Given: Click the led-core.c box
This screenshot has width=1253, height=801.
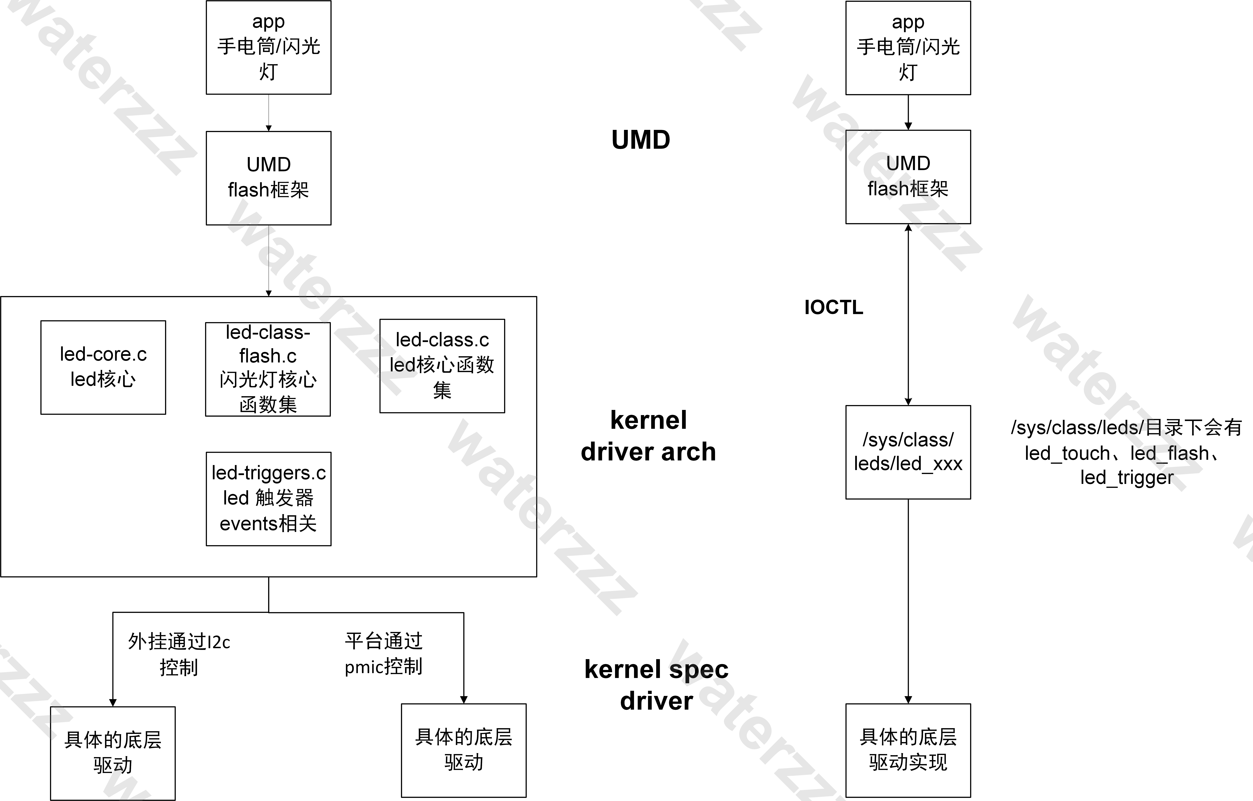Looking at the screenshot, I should [103, 367].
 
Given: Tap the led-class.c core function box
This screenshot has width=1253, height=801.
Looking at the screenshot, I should [442, 366].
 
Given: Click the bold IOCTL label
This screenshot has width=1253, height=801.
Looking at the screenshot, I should [833, 307].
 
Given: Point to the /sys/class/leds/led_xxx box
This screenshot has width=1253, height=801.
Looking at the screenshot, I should [908, 452].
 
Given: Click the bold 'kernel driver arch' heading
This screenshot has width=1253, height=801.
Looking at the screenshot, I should [648, 436].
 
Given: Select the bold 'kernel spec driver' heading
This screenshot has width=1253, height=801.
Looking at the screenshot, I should [656, 684].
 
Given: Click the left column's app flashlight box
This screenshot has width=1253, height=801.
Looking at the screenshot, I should [269, 47].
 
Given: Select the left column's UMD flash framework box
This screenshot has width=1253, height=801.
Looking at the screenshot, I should [269, 178].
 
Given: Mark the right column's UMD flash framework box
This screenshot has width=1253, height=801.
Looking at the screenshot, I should [908, 177].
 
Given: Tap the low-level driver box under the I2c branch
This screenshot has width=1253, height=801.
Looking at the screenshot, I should [113, 753].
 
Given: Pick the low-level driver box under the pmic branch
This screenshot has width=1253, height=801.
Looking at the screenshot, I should [463, 750].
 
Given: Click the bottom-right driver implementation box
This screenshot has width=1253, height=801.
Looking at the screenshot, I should [908, 750].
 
